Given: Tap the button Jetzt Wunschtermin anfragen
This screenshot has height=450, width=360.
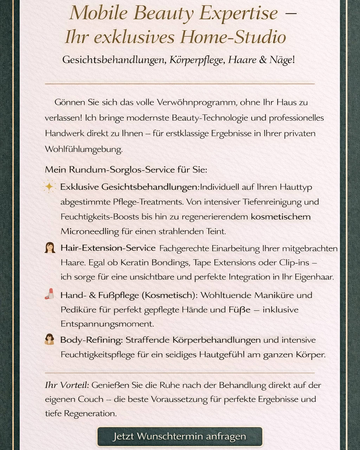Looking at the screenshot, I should pos(180,437).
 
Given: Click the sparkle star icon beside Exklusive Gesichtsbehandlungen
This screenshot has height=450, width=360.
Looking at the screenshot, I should pos(49,186).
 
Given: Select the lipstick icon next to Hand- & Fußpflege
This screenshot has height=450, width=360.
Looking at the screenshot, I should pos(50,294).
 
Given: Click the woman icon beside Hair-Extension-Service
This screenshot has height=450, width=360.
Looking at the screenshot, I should pos(50,247).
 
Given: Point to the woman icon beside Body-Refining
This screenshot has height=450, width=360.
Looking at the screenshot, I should pos(50,339).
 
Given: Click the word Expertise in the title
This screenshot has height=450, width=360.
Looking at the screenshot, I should pos(239,13).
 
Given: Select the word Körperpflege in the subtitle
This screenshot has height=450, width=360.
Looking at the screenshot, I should pos(197,60).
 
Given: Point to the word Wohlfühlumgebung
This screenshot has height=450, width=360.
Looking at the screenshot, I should pos(84,149).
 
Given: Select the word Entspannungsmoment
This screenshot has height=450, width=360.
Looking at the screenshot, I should pos(107,324).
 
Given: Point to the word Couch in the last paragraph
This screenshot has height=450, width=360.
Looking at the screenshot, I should pos(91,399).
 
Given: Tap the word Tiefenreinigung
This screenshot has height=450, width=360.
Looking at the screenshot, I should pos(272,202).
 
